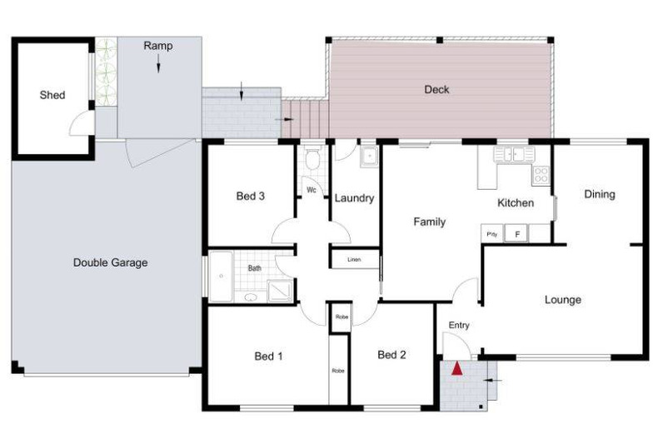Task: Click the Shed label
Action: (52, 95)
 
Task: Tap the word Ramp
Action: (157, 46)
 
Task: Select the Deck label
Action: (436, 89)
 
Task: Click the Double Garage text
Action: (110, 262)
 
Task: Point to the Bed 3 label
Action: (250, 197)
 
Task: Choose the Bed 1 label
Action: (268, 357)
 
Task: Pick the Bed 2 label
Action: (391, 355)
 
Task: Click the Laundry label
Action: (354, 198)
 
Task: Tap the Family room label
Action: (430, 222)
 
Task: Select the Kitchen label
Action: (515, 202)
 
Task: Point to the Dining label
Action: (599, 194)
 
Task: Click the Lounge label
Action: (562, 300)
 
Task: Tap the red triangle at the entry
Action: (456, 368)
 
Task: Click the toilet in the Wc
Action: (313, 159)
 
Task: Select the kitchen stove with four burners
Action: (541, 175)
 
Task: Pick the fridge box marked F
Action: (516, 235)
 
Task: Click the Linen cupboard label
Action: (354, 260)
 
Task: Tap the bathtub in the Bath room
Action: (221, 277)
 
